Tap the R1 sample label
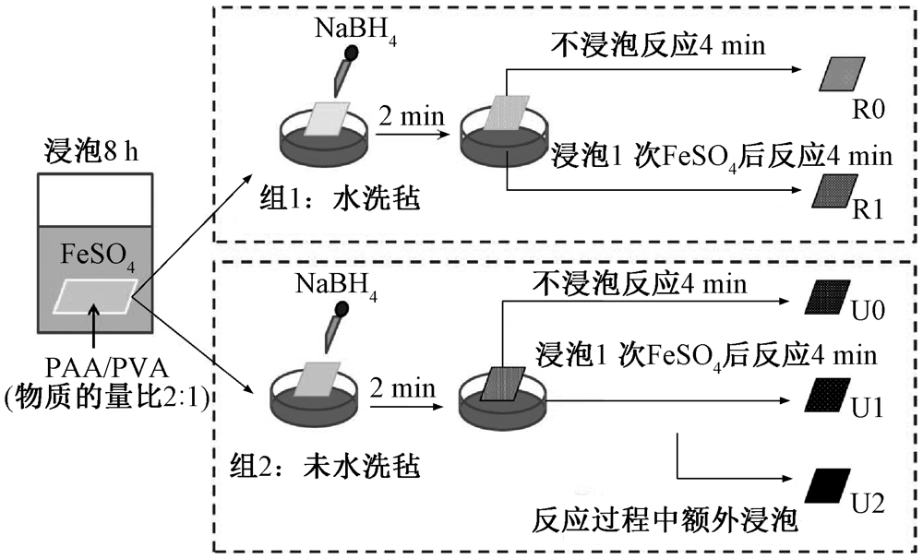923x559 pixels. (870, 209)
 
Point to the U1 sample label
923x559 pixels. (869, 407)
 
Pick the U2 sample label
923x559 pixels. (869, 503)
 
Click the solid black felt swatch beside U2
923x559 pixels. (828, 484)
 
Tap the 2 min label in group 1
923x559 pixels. (410, 117)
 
